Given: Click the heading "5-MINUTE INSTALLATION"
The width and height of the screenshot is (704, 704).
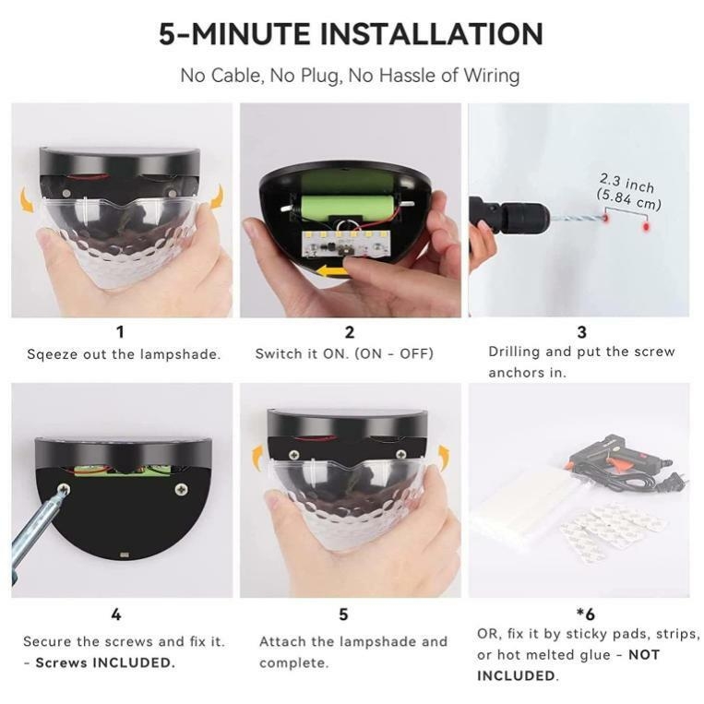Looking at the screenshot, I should (x=351, y=34).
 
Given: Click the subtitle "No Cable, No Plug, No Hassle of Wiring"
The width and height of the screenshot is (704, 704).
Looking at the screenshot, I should (x=351, y=76).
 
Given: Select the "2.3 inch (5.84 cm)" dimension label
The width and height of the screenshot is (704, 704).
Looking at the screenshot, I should (x=628, y=191).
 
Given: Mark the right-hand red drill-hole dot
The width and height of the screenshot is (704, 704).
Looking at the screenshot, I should (x=646, y=226).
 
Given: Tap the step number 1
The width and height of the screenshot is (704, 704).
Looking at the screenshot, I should (x=119, y=332).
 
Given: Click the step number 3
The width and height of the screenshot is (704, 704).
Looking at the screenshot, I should (x=581, y=332).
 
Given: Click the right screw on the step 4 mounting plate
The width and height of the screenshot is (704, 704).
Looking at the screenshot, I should (x=180, y=490).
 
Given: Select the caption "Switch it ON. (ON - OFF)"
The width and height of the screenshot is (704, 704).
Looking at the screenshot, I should (x=344, y=353).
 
